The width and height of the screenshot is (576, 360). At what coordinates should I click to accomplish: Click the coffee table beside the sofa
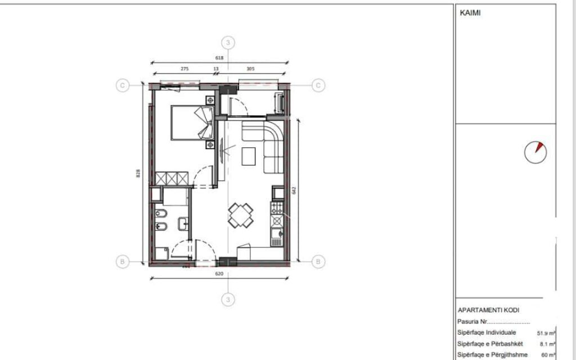tap(249, 156)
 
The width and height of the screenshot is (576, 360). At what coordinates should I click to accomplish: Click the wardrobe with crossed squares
tap(171, 179)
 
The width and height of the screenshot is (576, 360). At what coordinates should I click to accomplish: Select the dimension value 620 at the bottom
tap(219, 274)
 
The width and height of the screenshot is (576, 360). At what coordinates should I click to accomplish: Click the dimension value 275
tap(184, 69)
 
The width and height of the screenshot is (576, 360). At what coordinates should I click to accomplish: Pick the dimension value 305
tap(251, 69)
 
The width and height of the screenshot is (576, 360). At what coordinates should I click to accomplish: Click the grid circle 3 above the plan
tap(228, 43)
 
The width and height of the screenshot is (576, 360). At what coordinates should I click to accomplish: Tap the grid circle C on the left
tap(122, 85)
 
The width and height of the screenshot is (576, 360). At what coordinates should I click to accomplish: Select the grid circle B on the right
tap(318, 262)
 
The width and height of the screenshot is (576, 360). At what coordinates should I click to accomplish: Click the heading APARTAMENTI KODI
tap(489, 310)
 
